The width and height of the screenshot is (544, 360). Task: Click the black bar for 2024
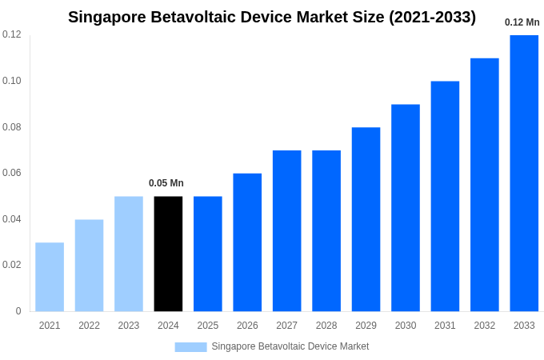click(x=168, y=254)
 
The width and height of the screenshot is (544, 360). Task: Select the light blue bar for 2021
click(x=50, y=277)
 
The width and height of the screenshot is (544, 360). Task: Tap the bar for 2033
click(x=524, y=173)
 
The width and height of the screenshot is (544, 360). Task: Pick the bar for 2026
click(x=247, y=242)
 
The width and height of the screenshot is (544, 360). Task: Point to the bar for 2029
click(x=366, y=219)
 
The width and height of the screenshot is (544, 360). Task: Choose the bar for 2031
click(x=445, y=196)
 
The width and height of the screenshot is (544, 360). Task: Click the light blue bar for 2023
click(x=129, y=254)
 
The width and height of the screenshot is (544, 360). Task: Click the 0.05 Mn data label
click(x=166, y=183)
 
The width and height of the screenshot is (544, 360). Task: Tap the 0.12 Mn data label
click(x=522, y=22)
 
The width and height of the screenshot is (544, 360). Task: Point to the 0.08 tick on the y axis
click(x=11, y=127)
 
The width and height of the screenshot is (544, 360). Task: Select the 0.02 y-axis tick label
click(x=11, y=265)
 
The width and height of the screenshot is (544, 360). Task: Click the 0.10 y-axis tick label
click(x=11, y=81)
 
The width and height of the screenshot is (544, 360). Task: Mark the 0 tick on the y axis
click(x=18, y=311)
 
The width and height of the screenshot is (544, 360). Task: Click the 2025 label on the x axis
click(x=207, y=326)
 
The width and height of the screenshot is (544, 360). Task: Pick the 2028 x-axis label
click(x=326, y=326)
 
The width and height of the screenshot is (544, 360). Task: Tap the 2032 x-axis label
click(x=484, y=326)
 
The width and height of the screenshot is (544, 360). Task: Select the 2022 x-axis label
click(x=89, y=326)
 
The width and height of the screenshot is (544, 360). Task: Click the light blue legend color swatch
click(x=190, y=346)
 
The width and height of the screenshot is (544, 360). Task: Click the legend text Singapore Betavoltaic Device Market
click(x=290, y=346)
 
